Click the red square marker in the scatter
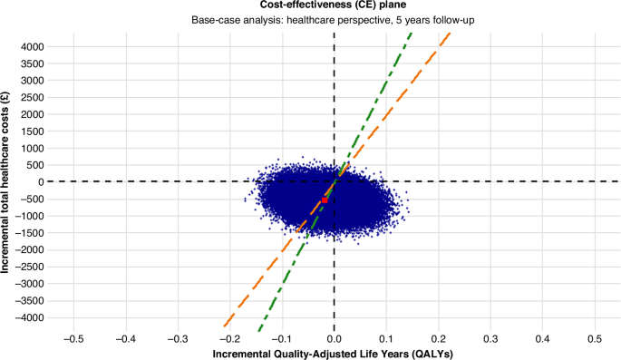tap(325, 199)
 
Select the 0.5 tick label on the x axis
tap(595, 338)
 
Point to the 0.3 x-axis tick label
tap(490, 338)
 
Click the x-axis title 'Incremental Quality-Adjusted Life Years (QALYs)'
tap(334, 353)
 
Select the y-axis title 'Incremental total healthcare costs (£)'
tap(8, 181)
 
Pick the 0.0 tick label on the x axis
tap(335, 338)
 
